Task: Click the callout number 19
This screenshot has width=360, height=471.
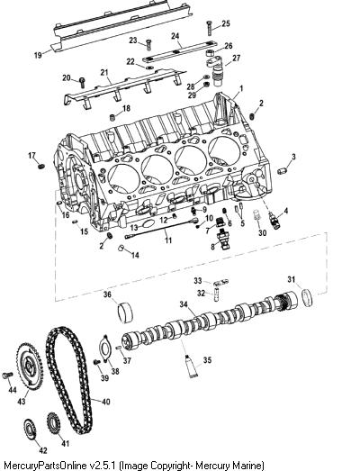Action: tap(38, 55)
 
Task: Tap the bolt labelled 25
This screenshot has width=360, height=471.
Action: tap(210, 28)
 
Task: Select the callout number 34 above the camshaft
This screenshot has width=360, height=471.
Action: tap(184, 304)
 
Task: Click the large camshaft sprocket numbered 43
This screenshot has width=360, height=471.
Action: tap(30, 365)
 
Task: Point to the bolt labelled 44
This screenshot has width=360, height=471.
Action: tap(7, 375)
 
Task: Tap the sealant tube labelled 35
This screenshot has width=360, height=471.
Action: tap(191, 366)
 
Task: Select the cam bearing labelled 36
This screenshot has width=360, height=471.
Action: tap(124, 313)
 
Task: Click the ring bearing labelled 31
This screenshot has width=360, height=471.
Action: tap(307, 297)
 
